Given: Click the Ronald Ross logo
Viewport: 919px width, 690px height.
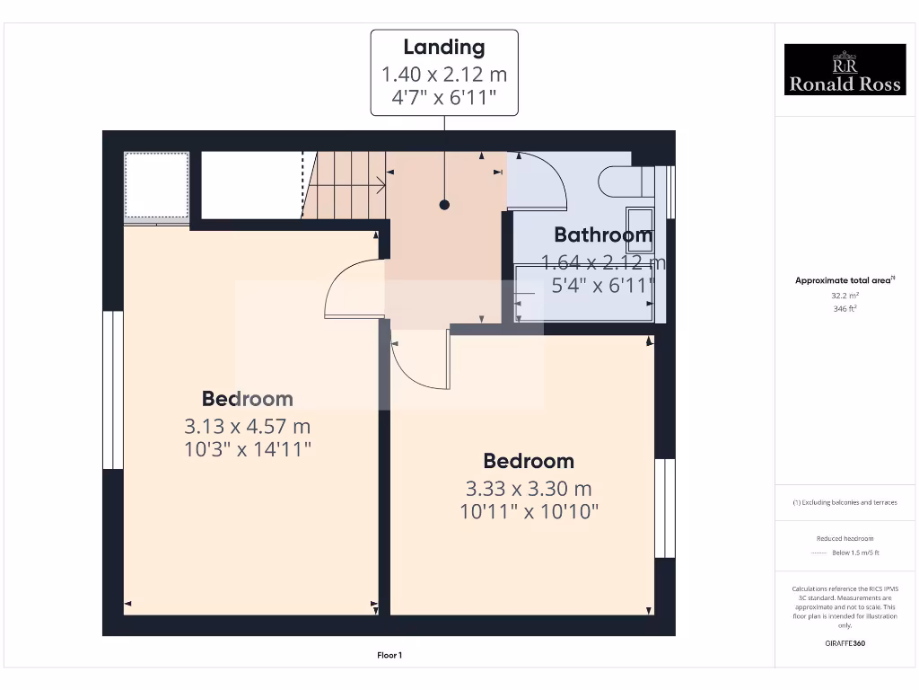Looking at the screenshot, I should tap(845, 69).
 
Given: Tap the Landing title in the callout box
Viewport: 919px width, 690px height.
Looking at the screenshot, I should tap(443, 48).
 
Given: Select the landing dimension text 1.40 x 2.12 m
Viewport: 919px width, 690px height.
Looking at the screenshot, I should tap(443, 74).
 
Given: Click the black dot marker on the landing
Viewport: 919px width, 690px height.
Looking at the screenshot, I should tap(444, 205).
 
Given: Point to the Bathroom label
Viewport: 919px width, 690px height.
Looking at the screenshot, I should tap(602, 235).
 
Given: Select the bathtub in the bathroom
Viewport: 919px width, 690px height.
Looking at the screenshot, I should tap(583, 293).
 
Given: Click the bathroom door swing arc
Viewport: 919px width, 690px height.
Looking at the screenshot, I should tap(543, 180).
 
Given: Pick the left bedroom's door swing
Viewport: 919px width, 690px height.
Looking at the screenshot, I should tap(350, 287).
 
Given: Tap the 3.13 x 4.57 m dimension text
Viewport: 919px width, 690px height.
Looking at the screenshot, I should tap(248, 426).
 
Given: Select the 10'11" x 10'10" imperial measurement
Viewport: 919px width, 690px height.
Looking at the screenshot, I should tap(528, 512).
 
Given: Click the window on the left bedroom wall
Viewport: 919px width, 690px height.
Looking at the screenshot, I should tap(113, 390).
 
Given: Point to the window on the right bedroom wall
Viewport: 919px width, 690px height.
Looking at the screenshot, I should tap(664, 508).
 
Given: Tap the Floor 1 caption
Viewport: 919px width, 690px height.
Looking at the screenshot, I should tap(389, 656).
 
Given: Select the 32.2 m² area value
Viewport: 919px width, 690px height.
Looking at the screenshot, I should tap(845, 295).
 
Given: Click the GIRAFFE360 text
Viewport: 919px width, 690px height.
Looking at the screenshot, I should tap(845, 643).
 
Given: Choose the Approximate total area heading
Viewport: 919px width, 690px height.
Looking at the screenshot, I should tap(844, 280).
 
